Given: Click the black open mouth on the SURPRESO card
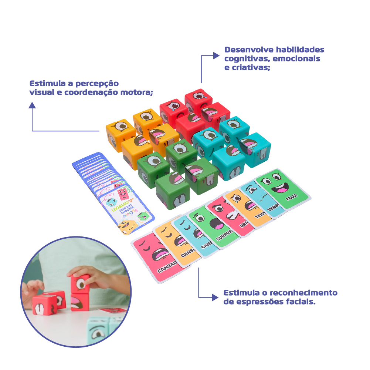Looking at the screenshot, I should [x=216, y=224].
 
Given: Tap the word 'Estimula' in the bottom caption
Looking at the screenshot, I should [x=241, y=293].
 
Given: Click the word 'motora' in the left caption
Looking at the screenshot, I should [x=138, y=92].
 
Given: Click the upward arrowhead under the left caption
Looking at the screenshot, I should [x=32, y=105].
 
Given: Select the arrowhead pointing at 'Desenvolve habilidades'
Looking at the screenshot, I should [x=216, y=56].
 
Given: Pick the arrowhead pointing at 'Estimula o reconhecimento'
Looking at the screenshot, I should [x=214, y=297].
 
